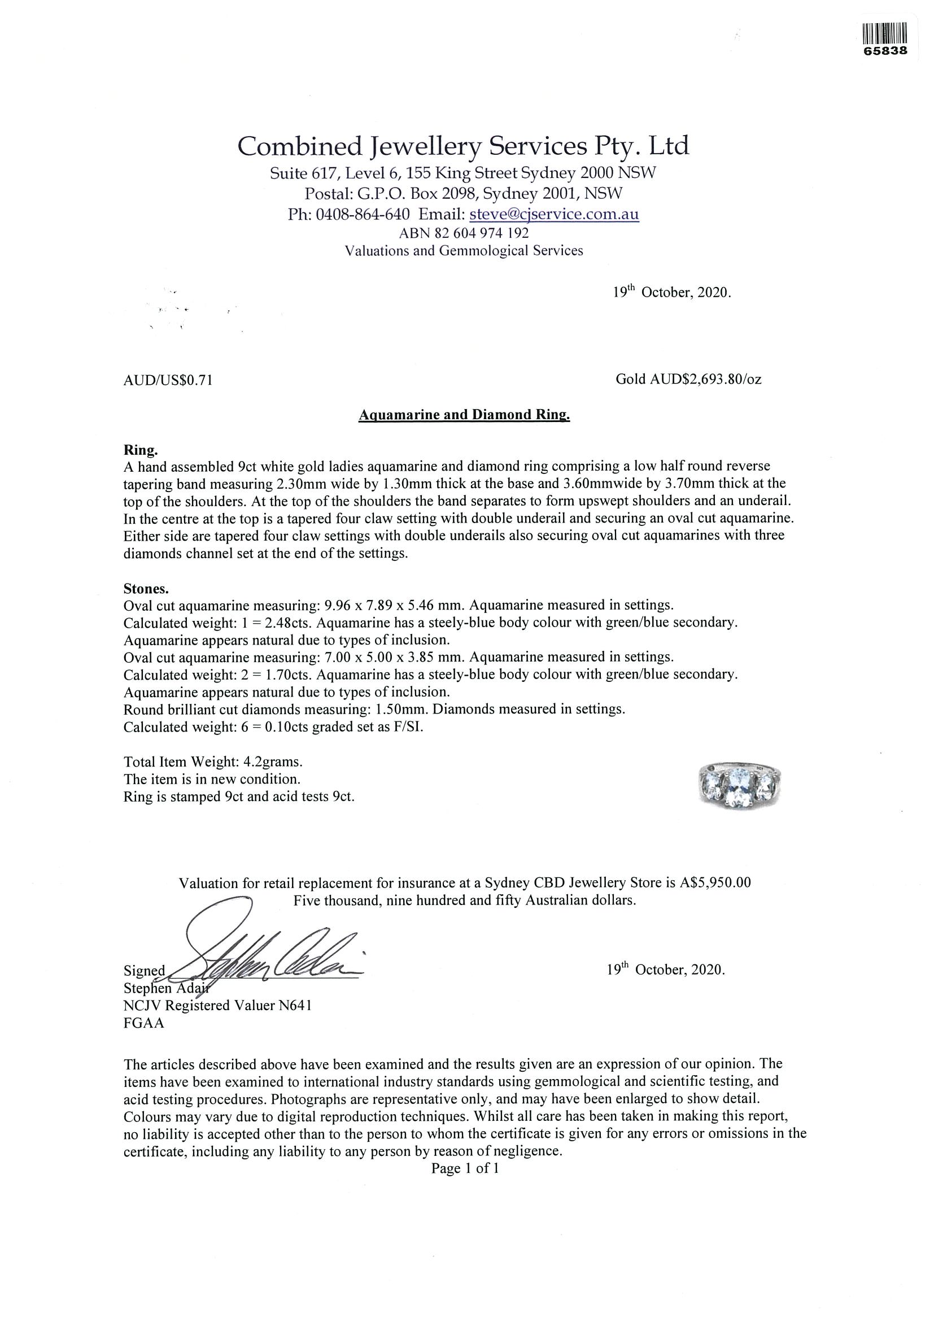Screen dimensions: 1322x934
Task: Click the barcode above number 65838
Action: click(x=885, y=33)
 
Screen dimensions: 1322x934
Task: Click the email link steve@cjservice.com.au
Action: click(x=554, y=214)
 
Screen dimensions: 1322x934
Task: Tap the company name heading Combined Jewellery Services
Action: click(x=463, y=146)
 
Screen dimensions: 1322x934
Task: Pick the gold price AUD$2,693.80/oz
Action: click(x=689, y=380)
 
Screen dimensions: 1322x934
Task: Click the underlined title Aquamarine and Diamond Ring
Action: click(x=464, y=415)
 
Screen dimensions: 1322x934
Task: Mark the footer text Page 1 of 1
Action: click(x=465, y=1168)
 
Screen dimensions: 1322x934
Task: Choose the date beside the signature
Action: click(x=665, y=969)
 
